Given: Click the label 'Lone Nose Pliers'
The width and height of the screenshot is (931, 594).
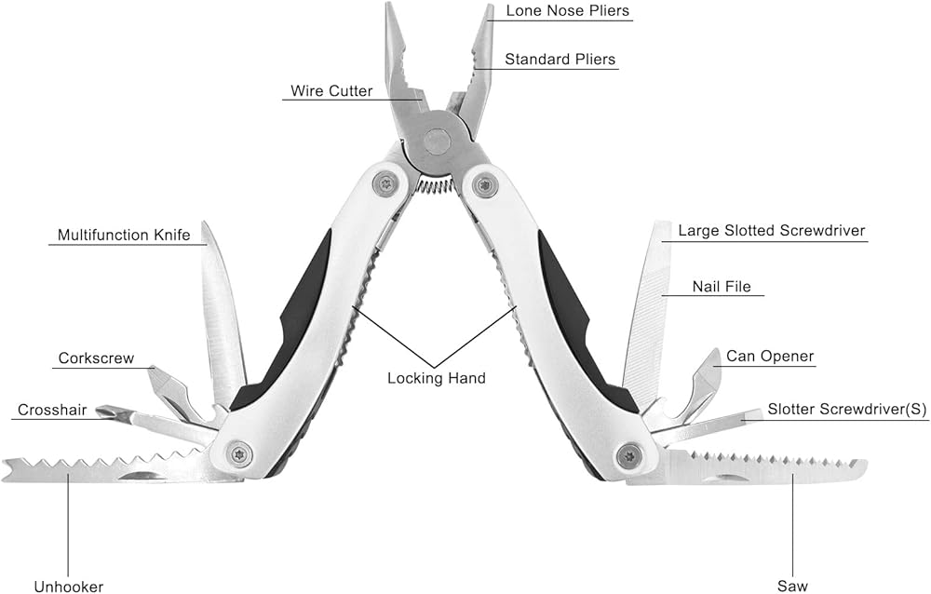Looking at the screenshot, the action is pyautogui.click(x=568, y=11).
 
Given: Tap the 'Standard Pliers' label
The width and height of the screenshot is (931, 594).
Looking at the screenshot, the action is pyautogui.click(x=560, y=60).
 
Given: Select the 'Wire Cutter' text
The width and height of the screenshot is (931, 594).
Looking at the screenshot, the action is pyautogui.click(x=331, y=91).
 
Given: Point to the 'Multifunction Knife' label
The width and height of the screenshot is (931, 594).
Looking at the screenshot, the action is pyautogui.click(x=124, y=236).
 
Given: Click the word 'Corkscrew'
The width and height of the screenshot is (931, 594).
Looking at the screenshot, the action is pyautogui.click(x=96, y=358).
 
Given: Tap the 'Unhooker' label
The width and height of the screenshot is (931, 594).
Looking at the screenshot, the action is pyautogui.click(x=69, y=587).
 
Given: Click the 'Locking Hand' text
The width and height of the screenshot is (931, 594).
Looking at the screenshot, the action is pyautogui.click(x=437, y=378).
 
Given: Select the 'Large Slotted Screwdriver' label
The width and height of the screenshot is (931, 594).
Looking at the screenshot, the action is pyautogui.click(x=772, y=231).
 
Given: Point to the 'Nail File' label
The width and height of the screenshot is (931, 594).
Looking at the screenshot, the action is pyautogui.click(x=721, y=287).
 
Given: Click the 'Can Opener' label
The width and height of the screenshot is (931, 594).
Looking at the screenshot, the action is pyautogui.click(x=770, y=357).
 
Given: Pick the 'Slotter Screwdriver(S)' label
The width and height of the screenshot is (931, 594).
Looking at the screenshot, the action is pyautogui.click(x=847, y=410).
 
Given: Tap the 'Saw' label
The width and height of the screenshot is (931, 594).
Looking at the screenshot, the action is pyautogui.click(x=792, y=587).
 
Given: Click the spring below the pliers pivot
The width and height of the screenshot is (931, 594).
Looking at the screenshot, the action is pyautogui.click(x=435, y=185).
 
